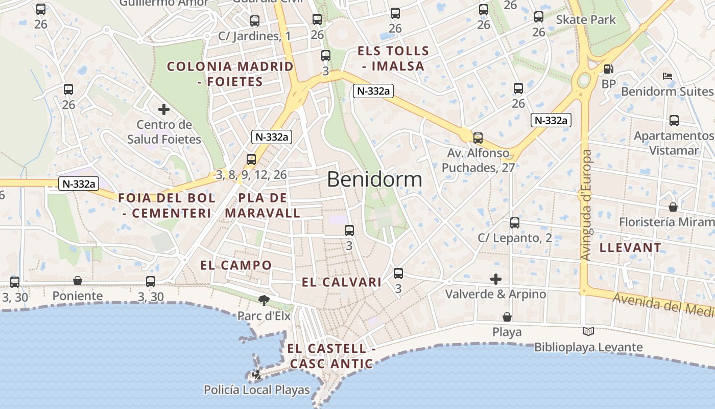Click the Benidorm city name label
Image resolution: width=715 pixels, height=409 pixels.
[x=374, y=179]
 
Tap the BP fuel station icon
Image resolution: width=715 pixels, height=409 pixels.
[x=608, y=69]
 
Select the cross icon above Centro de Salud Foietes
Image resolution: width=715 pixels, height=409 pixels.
[x=164, y=109]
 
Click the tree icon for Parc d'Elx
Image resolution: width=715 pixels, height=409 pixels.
[x=264, y=300]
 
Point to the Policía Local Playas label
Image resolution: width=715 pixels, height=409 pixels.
[x=256, y=390]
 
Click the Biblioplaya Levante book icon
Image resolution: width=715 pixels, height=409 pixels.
[x=588, y=332]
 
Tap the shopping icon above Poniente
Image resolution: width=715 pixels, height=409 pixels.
[x=78, y=281]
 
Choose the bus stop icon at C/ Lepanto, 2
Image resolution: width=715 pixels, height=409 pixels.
[x=515, y=223]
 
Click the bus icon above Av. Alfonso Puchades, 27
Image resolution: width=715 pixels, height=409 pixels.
[x=478, y=138]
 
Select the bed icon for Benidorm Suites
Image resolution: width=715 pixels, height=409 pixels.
[x=667, y=77]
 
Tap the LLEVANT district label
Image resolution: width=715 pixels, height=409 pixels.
[x=630, y=247]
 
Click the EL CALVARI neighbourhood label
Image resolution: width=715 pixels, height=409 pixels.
[x=342, y=282]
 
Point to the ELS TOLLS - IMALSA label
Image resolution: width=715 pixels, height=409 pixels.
[x=393, y=58]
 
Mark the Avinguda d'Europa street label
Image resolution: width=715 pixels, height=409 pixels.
[x=586, y=204]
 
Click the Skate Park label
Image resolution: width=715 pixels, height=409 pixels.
[x=586, y=20]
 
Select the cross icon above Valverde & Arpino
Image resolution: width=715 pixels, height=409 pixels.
[x=495, y=279]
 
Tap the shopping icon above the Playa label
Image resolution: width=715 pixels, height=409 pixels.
[x=507, y=317]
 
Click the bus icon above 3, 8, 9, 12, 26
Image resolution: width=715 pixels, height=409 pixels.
[x=251, y=159]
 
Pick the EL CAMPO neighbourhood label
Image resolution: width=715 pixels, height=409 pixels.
[x=236, y=265]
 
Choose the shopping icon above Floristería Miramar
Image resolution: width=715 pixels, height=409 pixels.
[x=673, y=207]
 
